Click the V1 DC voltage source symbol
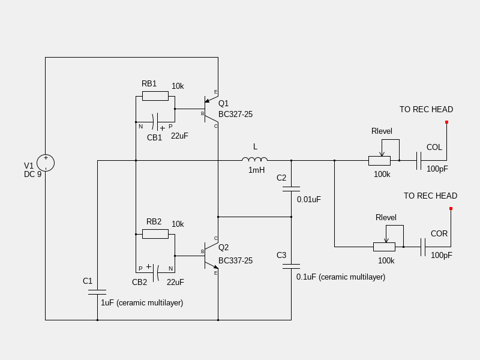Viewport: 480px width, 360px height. pyautogui.click(x=46, y=163)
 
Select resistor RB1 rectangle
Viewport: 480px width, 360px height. pyautogui.click(x=155, y=96)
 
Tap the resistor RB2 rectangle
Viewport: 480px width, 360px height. pyautogui.click(x=155, y=234)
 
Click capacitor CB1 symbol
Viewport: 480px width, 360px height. pyautogui.click(x=155, y=122)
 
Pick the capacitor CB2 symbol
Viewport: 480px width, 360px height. pyautogui.click(x=155, y=273)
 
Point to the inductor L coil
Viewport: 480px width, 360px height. pyautogui.click(x=255, y=160)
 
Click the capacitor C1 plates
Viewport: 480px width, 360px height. pyautogui.click(x=97, y=292)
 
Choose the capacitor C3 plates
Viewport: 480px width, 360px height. pyautogui.click(x=291, y=266)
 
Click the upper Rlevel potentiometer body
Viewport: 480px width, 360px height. pyautogui.click(x=379, y=160)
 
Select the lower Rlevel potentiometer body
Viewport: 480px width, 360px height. pyautogui.click(x=384, y=247)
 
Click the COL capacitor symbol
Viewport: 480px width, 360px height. pyautogui.click(x=419, y=160)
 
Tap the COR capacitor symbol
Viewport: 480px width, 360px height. pyautogui.click(x=423, y=247)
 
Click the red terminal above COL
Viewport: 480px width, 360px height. pyautogui.click(x=446, y=122)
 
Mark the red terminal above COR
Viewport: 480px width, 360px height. pyautogui.click(x=451, y=209)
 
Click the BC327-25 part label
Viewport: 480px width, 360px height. pyautogui.click(x=235, y=114)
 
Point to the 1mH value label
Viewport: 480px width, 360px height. pyautogui.click(x=256, y=170)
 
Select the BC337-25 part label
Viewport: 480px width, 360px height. pyautogui.click(x=235, y=260)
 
